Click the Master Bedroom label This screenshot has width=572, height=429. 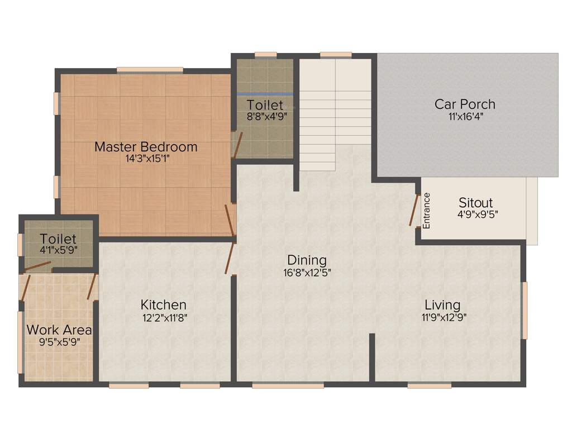(x=146, y=147)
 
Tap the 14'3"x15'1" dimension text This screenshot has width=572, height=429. (x=146, y=159)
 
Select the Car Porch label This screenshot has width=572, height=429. (x=465, y=104)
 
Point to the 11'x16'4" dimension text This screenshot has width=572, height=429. (x=465, y=116)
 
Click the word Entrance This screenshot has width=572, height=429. (x=427, y=211)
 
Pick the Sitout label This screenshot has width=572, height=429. (x=475, y=202)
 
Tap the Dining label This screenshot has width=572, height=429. (x=307, y=260)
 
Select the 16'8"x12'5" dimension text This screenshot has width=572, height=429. (x=307, y=273)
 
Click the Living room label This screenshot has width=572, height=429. (x=442, y=305)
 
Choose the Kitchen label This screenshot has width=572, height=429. (x=163, y=305)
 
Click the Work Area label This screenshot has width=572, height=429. (x=59, y=330)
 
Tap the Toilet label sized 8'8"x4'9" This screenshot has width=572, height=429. (x=265, y=105)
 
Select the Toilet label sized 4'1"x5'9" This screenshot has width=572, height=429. (x=58, y=240)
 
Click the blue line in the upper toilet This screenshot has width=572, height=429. (x=265, y=94)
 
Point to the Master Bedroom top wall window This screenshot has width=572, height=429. (x=150, y=70)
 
